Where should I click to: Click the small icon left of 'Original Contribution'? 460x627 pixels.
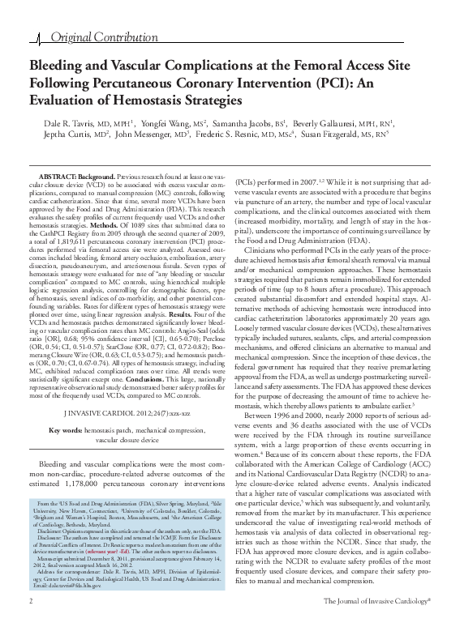(42, 38)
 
